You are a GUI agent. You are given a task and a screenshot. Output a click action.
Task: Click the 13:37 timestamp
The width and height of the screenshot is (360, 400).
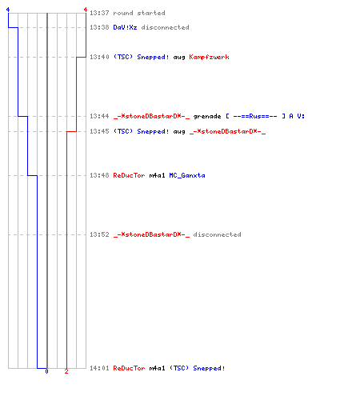tap(99, 13)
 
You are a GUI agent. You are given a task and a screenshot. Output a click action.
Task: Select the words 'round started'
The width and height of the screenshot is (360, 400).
tap(139, 13)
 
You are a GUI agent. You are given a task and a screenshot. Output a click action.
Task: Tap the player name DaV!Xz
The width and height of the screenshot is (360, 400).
tap(125, 27)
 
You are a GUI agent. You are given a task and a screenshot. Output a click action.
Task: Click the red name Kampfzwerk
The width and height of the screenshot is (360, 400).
tap(209, 57)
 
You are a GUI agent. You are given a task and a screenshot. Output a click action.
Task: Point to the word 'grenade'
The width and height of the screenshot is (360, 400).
tap(207, 117)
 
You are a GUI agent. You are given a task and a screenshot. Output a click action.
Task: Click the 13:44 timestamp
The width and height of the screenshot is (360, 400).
tap(99, 116)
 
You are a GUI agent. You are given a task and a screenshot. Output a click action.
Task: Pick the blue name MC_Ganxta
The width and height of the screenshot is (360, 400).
tap(187, 175)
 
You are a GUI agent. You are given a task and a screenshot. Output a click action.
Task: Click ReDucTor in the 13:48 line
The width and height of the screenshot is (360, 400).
tap(129, 175)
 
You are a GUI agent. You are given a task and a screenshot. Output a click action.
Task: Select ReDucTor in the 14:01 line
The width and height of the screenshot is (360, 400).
tap(129, 368)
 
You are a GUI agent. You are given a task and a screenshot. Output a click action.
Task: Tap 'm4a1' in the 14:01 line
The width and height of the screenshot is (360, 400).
tap(157, 368)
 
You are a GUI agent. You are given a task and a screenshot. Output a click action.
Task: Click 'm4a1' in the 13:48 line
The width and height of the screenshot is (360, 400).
tap(157, 175)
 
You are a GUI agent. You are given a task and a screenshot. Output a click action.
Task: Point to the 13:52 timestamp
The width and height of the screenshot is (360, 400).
tap(99, 234)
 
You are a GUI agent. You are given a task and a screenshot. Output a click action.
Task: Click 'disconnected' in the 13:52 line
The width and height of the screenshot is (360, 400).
tap(217, 234)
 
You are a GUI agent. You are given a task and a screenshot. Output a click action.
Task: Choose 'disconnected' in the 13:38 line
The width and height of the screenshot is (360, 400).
tap(165, 27)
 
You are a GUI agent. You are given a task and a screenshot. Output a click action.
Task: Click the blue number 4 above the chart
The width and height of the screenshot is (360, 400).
tap(8, 10)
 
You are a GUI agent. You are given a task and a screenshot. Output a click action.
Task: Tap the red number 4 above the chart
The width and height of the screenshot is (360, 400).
tap(86, 10)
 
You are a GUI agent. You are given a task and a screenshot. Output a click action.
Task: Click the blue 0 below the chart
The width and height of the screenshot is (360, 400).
tap(46, 371)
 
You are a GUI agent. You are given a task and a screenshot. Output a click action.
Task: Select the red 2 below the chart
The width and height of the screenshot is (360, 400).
tap(66, 371)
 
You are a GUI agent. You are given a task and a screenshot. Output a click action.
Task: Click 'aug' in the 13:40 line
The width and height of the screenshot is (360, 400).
tap(179, 58)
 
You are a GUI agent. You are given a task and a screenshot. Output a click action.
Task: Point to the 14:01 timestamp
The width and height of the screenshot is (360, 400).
tap(99, 368)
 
